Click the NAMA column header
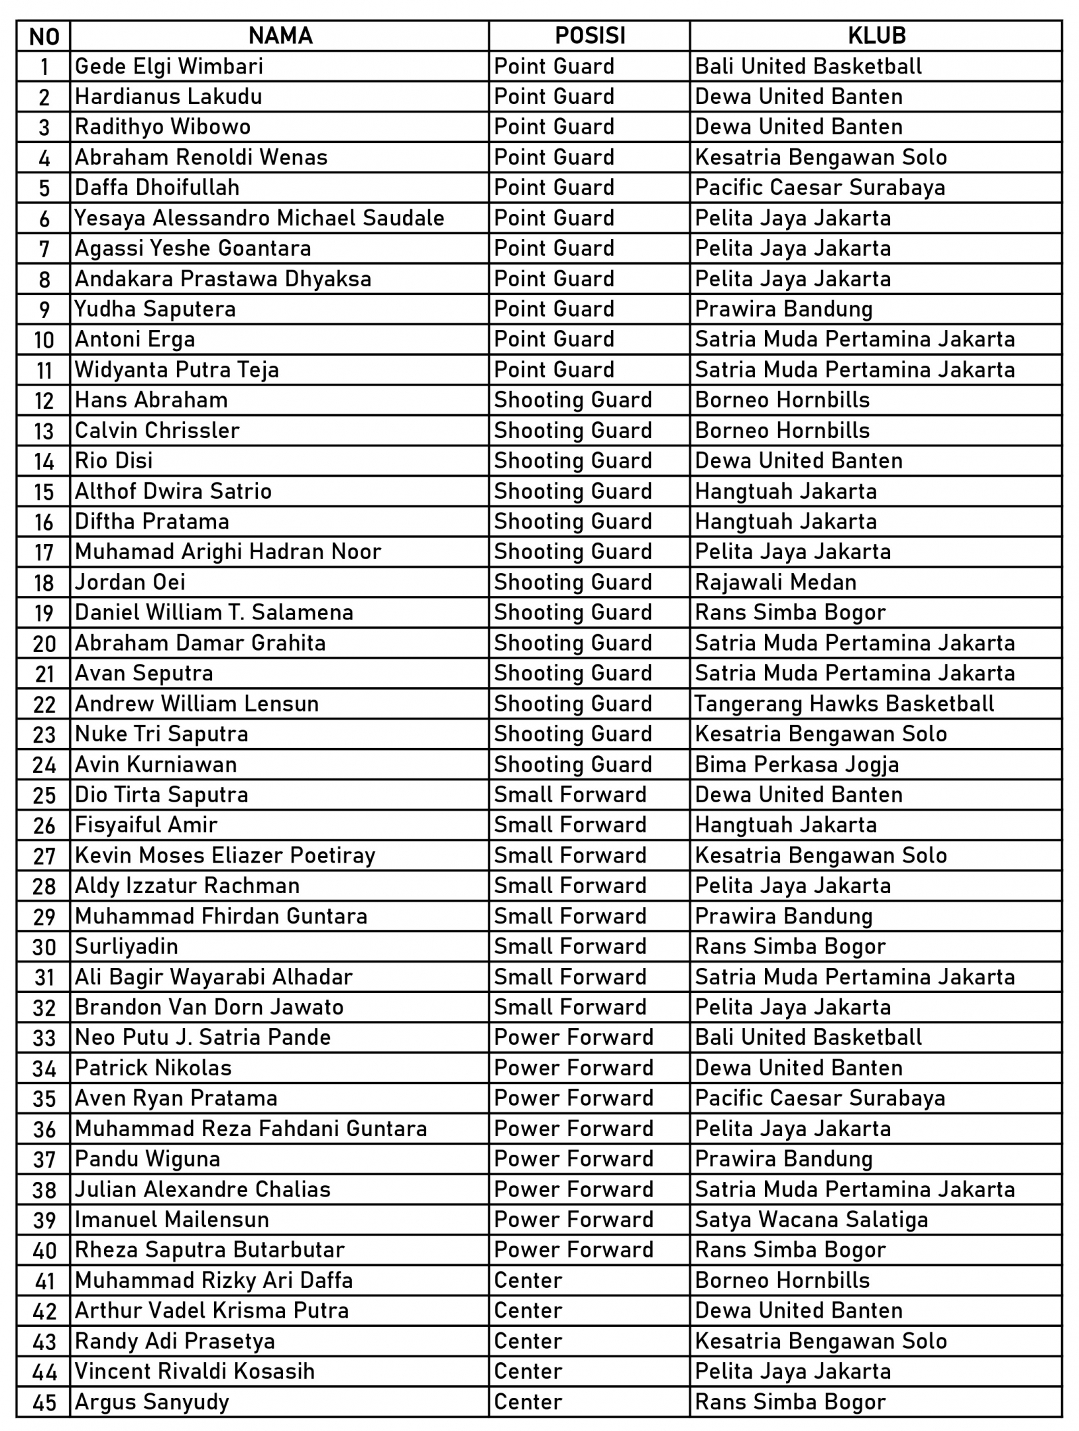pyautogui.click(x=280, y=36)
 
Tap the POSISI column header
pyautogui.click(x=589, y=36)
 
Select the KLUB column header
pyautogui.click(x=876, y=36)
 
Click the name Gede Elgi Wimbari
pyautogui.click(x=169, y=66)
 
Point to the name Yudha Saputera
pyautogui.click(x=155, y=309)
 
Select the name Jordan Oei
pyautogui.click(x=130, y=582)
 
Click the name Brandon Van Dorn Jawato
pyautogui.click(x=209, y=1008)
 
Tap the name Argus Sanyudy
pyautogui.click(x=152, y=1403)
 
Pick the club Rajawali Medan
pyautogui.click(x=775, y=582)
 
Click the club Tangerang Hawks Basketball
pyautogui.click(x=844, y=704)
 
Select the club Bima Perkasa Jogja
pyautogui.click(x=797, y=765)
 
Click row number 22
pyautogui.click(x=44, y=704)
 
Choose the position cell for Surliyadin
pyautogui.click(x=570, y=947)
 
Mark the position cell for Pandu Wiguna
pyautogui.click(x=573, y=1159)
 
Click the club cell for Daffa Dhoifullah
pyautogui.click(x=820, y=187)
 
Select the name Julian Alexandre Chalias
pyautogui.click(x=202, y=1190)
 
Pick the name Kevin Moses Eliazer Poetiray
pyautogui.click(x=225, y=856)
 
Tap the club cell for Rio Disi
pyautogui.click(x=799, y=461)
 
